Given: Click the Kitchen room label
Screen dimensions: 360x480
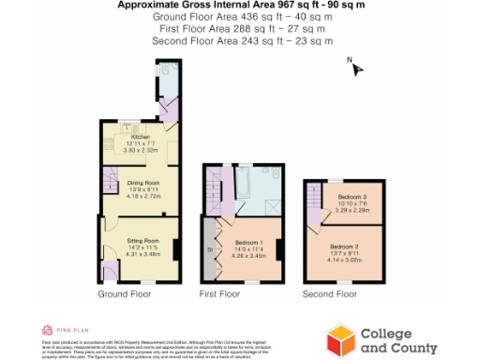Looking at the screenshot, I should pyautogui.click(x=141, y=137).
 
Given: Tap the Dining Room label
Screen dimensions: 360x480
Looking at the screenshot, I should pyautogui.click(x=143, y=183).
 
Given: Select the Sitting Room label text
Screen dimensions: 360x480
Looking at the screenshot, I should pyautogui.click(x=143, y=242).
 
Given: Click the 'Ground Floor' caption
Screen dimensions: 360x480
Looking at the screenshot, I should pyautogui.click(x=125, y=294).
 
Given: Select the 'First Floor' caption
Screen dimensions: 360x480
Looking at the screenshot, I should pyautogui.click(x=219, y=294).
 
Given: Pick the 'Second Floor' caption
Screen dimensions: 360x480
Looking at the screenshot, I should pyautogui.click(x=329, y=294).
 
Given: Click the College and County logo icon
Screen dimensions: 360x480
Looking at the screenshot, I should pyautogui.click(x=338, y=338).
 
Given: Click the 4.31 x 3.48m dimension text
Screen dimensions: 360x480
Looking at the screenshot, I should pyautogui.click(x=143, y=254).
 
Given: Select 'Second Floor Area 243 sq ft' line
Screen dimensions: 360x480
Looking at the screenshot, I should pyautogui.click(x=240, y=40).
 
